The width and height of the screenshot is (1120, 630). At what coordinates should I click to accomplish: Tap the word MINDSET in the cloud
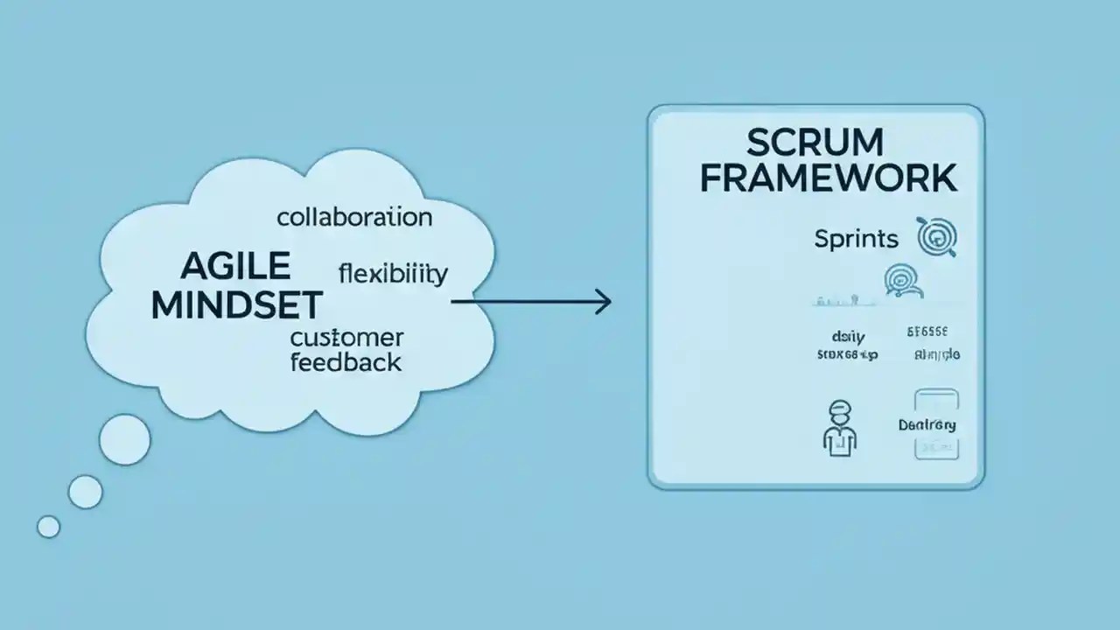point(236,304)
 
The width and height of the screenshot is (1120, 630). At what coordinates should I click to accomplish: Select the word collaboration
point(354,217)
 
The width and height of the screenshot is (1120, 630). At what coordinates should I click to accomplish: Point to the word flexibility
point(393,274)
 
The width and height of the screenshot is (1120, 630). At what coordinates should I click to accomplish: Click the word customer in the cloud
point(346,337)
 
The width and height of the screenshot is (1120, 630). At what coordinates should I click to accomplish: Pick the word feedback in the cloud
point(346,361)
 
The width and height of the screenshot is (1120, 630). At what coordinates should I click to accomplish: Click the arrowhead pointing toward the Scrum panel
point(602,303)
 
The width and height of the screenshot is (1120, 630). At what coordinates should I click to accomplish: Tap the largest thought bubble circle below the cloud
point(125,439)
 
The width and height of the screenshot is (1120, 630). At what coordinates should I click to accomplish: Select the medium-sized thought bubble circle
point(85,492)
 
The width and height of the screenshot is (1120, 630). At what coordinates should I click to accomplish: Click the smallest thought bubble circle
point(49,526)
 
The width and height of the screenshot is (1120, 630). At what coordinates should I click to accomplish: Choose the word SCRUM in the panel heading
point(815,142)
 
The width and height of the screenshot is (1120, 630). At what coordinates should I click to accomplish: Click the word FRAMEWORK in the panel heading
point(828,178)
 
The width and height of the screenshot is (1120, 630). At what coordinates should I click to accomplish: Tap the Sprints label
point(856,238)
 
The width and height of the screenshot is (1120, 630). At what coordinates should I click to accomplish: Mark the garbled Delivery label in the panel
point(927,425)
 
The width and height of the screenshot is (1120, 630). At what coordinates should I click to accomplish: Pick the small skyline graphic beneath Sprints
point(846,300)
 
